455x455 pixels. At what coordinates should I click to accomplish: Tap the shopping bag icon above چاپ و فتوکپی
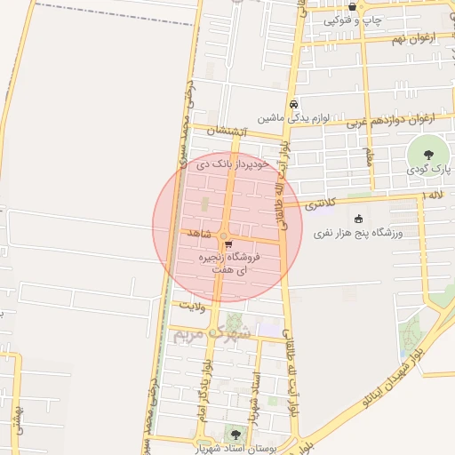point(353,6)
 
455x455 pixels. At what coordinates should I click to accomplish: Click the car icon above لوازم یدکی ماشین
point(293,103)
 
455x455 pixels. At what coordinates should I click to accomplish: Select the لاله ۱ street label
point(434,195)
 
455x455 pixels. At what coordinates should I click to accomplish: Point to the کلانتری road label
point(321,204)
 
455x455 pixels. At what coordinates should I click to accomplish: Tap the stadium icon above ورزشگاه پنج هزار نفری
point(358,219)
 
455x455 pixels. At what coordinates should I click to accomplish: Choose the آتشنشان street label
point(225,132)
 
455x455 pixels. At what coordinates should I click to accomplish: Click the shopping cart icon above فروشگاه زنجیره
point(228,243)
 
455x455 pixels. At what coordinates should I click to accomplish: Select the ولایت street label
point(193,305)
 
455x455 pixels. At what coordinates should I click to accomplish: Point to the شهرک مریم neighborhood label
point(206,335)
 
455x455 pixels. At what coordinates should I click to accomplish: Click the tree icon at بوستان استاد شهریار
point(235,435)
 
